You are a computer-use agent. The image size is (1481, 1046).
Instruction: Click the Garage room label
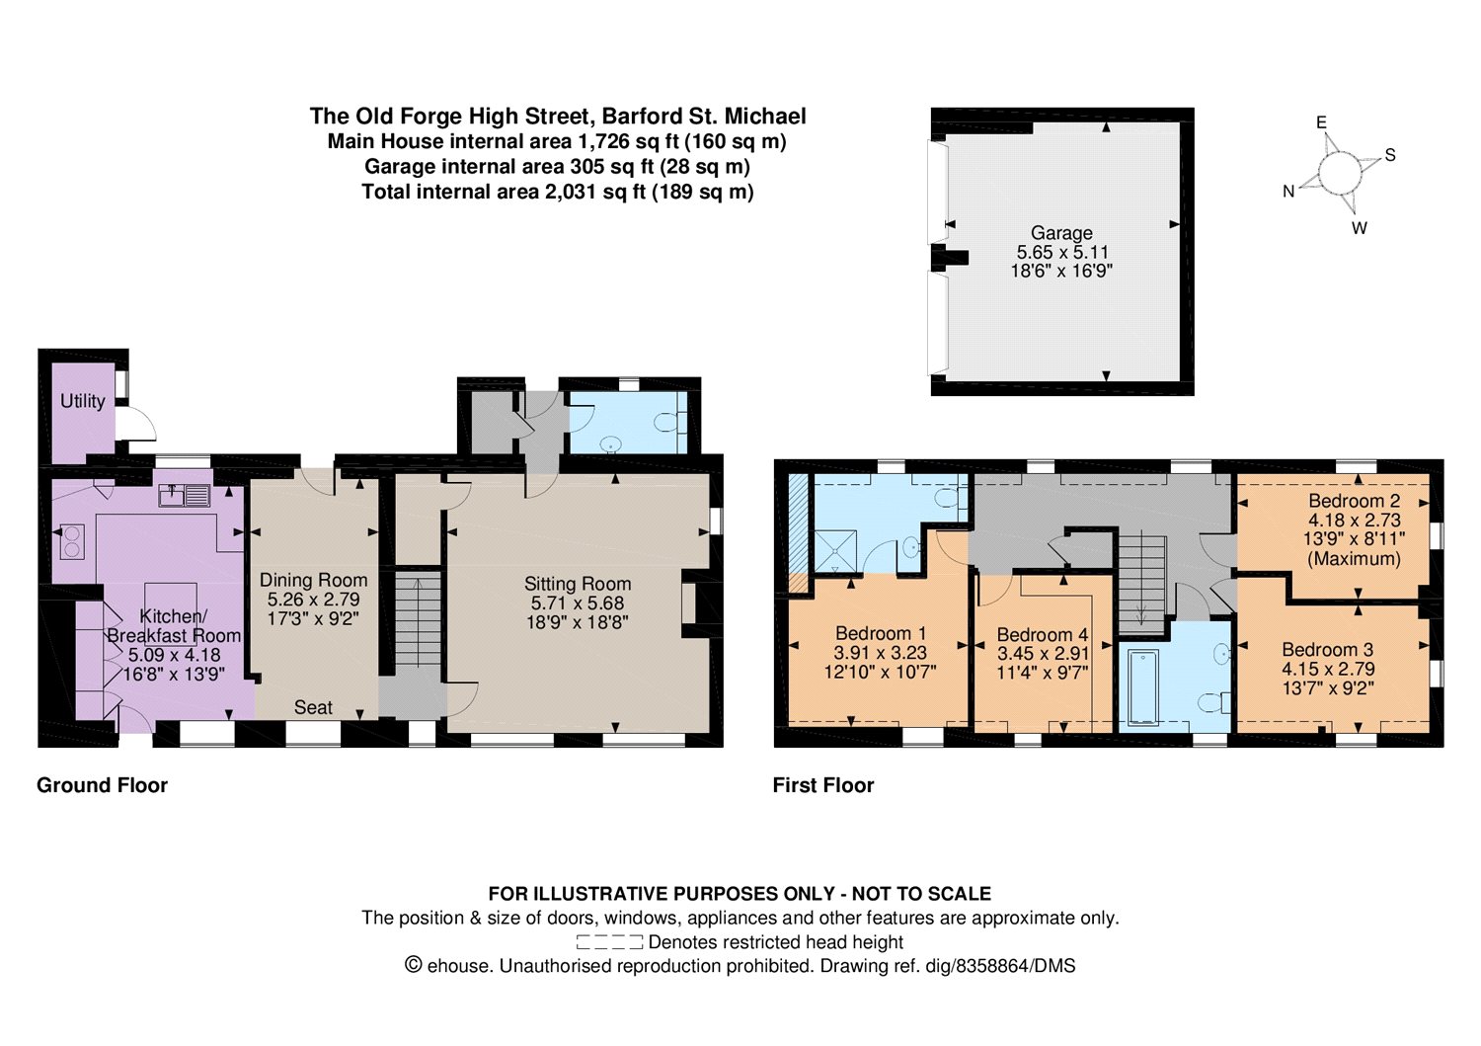tap(1061, 233)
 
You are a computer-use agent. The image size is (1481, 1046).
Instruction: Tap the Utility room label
tap(83, 401)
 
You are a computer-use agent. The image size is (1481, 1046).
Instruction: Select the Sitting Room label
tap(578, 584)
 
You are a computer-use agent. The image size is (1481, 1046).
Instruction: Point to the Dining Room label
tap(313, 580)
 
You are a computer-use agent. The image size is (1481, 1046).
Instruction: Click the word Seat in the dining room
tap(313, 707)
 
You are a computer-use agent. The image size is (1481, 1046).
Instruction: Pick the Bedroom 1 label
tap(880, 633)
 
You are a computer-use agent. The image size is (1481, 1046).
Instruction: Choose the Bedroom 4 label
tap(1043, 634)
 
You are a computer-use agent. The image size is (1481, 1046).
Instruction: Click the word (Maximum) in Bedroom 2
tap(1354, 559)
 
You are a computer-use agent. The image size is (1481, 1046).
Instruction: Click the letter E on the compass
tap(1321, 122)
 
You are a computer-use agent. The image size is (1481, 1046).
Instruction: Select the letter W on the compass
tap(1360, 228)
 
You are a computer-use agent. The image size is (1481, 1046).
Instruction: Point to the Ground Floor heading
tap(102, 785)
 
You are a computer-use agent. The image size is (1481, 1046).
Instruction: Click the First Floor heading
tap(823, 785)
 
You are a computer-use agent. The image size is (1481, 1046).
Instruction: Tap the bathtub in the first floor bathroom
tap(1142, 687)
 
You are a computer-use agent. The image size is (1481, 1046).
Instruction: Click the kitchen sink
tap(185, 495)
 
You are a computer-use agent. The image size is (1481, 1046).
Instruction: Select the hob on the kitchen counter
tap(71, 540)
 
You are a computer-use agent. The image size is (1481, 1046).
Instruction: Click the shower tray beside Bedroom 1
tap(835, 550)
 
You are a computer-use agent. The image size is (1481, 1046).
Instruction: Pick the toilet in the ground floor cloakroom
tap(666, 422)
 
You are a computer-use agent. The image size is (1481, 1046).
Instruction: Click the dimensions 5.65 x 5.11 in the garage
tap(1061, 252)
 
